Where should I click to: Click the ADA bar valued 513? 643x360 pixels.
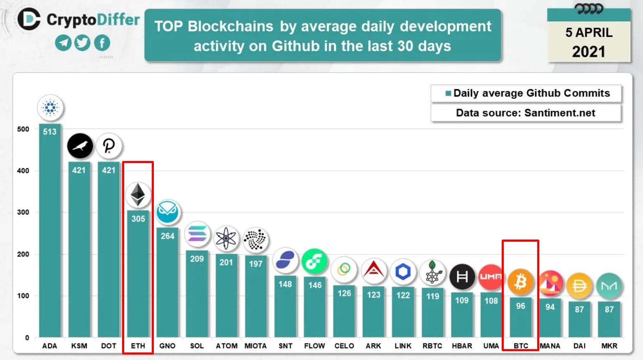(x=50, y=230)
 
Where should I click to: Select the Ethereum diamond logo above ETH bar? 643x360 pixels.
(x=138, y=195)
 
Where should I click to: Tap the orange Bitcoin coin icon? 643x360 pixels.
(x=521, y=282)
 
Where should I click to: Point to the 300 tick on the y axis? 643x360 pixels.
(x=23, y=212)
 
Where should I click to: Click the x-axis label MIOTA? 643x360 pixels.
(x=255, y=346)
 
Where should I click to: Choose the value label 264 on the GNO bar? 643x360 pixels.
(x=168, y=236)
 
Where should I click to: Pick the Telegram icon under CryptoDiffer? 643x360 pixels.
(x=64, y=43)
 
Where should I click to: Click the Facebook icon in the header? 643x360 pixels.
(x=102, y=43)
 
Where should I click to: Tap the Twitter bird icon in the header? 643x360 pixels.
(x=83, y=43)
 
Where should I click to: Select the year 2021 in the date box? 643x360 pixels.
(x=589, y=52)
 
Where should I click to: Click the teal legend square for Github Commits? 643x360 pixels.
(x=448, y=93)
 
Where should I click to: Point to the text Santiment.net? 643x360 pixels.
(x=560, y=113)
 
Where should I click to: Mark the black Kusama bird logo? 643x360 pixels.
(x=80, y=146)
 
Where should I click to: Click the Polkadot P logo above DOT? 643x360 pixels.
(x=109, y=146)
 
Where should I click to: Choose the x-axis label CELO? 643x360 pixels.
(x=344, y=346)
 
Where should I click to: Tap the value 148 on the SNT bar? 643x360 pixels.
(x=285, y=284)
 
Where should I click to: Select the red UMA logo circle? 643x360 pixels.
(x=491, y=277)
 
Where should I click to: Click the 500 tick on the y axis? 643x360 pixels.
(x=23, y=129)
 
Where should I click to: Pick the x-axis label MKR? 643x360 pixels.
(x=609, y=346)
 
